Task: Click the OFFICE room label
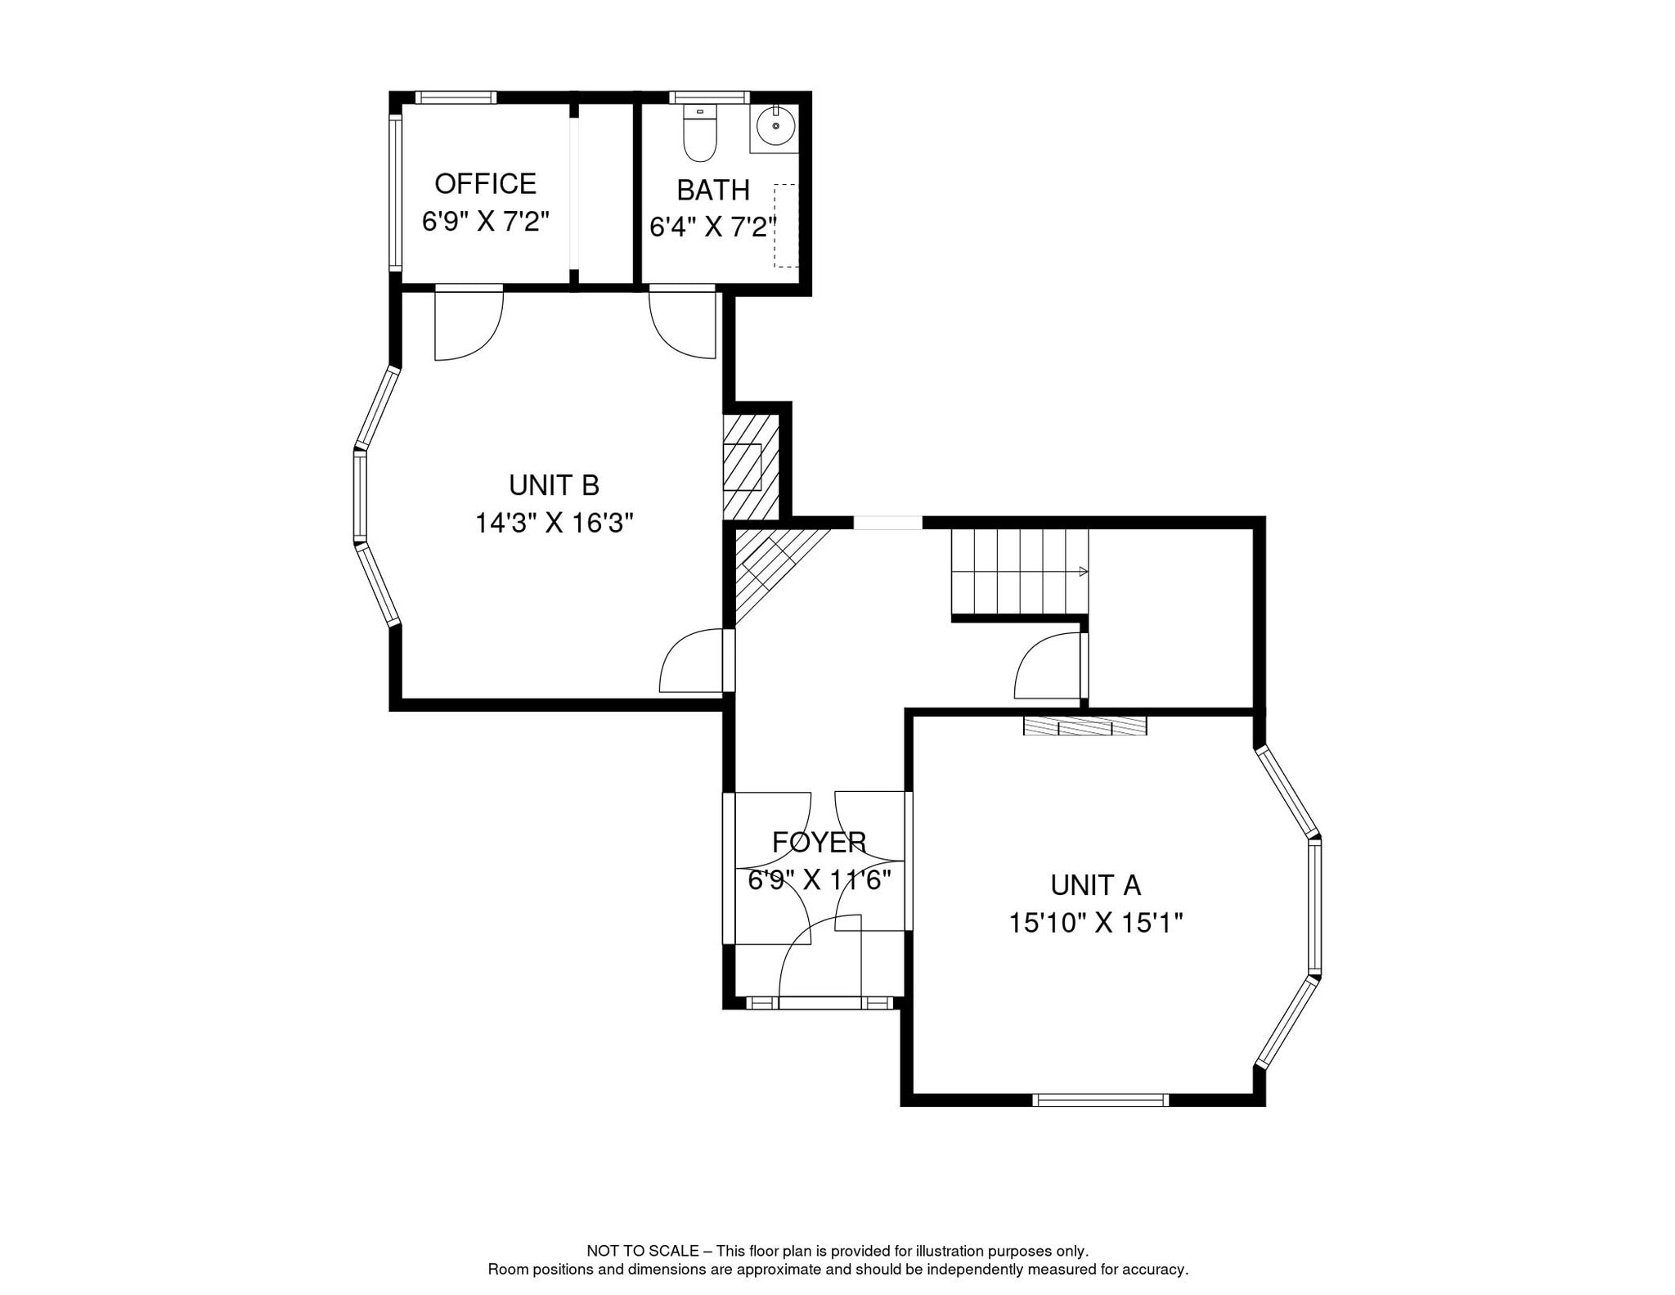(x=485, y=184)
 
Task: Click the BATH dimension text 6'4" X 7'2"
(x=712, y=227)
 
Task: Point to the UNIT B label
(x=554, y=486)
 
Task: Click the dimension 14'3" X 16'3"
(x=555, y=523)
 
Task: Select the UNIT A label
(x=1095, y=885)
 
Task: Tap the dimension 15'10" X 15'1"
(x=1095, y=924)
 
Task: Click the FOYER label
(x=819, y=842)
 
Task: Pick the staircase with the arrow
(x=1019, y=571)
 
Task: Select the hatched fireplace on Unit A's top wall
(x=1084, y=726)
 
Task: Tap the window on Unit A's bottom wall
(x=1100, y=1100)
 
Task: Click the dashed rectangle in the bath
(x=786, y=226)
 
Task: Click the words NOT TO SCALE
(x=642, y=1251)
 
